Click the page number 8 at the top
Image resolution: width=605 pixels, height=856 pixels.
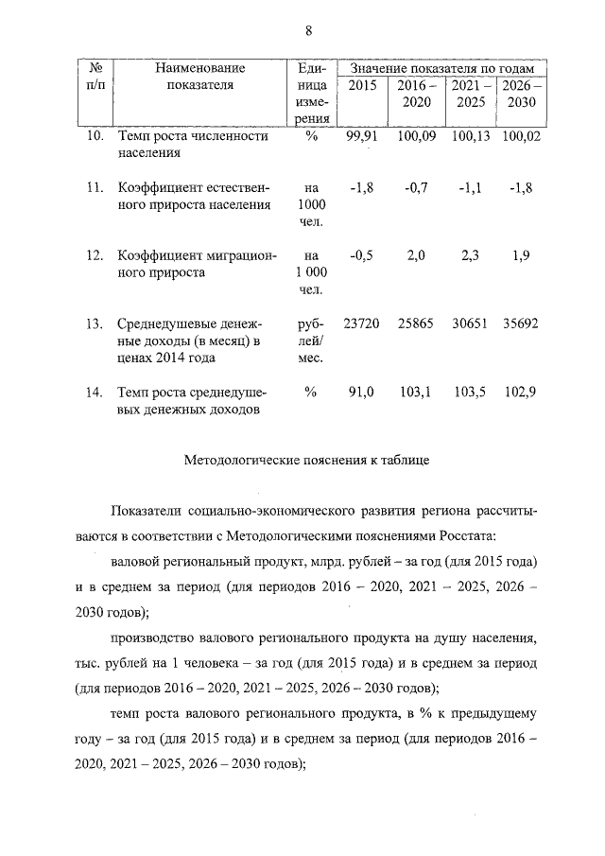tap(308, 29)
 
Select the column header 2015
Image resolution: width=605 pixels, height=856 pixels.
tap(362, 86)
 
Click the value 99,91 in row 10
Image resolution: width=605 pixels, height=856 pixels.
tap(362, 137)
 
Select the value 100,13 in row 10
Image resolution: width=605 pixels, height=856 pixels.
tap(469, 137)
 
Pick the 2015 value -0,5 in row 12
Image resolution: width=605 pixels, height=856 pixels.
tap(361, 255)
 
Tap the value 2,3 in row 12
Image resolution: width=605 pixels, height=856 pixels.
tap(470, 255)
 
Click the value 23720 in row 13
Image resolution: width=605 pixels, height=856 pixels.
tap(362, 323)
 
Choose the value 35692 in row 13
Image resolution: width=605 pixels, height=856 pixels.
tap(520, 323)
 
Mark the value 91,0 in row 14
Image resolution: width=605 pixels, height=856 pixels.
tap(362, 393)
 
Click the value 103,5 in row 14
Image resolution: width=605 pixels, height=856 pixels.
tap(469, 393)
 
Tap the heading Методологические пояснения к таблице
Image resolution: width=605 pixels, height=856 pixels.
tap(307, 463)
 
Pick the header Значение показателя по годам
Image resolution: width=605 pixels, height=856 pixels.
tap(441, 69)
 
